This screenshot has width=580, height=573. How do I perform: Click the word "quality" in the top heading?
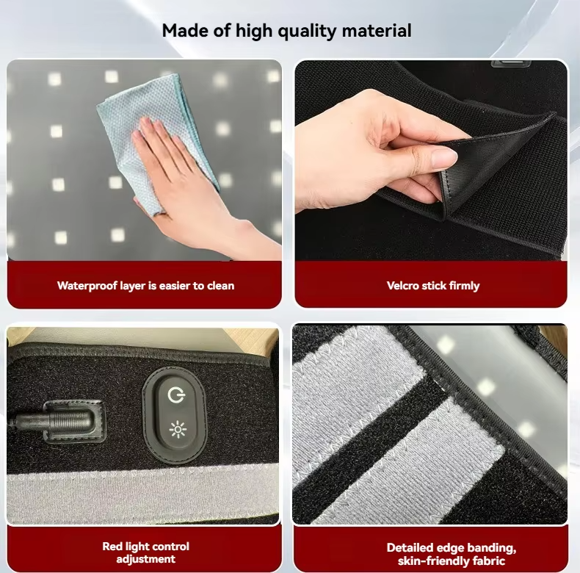pos(307,31)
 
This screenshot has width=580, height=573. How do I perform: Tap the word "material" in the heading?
pos(377,30)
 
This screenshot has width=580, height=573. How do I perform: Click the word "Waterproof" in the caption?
pos(87,286)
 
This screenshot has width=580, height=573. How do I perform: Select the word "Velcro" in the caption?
pos(402,285)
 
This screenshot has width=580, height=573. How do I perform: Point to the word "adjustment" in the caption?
pos(146,559)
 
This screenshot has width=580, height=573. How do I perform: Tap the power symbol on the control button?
pos(176,395)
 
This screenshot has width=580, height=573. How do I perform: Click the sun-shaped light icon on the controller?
pos(178,429)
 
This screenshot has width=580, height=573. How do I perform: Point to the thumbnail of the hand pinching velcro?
pos(431,160)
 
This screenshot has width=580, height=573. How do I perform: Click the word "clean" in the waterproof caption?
pos(221,286)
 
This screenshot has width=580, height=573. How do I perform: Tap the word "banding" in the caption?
pos(490,548)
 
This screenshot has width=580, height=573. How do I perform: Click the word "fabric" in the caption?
pos(490,561)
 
